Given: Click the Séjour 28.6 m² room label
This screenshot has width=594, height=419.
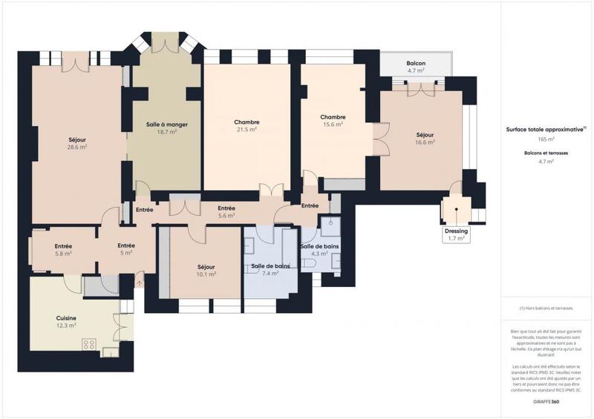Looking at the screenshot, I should pyautogui.click(x=77, y=142).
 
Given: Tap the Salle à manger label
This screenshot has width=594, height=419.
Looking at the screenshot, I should pyautogui.click(x=166, y=128).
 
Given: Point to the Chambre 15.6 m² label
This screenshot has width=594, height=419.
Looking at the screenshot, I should pyautogui.click(x=333, y=121).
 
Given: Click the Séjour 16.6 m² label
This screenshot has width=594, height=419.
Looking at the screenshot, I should pyautogui.click(x=425, y=138).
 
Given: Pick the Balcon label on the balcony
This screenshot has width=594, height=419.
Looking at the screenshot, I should pyautogui.click(x=416, y=67).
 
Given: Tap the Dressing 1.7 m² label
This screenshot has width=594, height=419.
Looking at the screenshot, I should pyautogui.click(x=456, y=234).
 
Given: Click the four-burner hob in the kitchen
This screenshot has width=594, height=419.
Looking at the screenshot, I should pyautogui.click(x=90, y=343).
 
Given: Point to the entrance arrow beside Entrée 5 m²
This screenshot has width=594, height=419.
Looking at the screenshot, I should pyautogui.click(x=140, y=282).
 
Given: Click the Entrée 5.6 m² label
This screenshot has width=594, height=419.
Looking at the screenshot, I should pyautogui.click(x=226, y=213).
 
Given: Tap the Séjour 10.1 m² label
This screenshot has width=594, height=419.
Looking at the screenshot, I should pyautogui.click(x=206, y=270).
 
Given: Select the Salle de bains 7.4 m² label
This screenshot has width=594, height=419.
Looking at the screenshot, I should pyautogui.click(x=270, y=269).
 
